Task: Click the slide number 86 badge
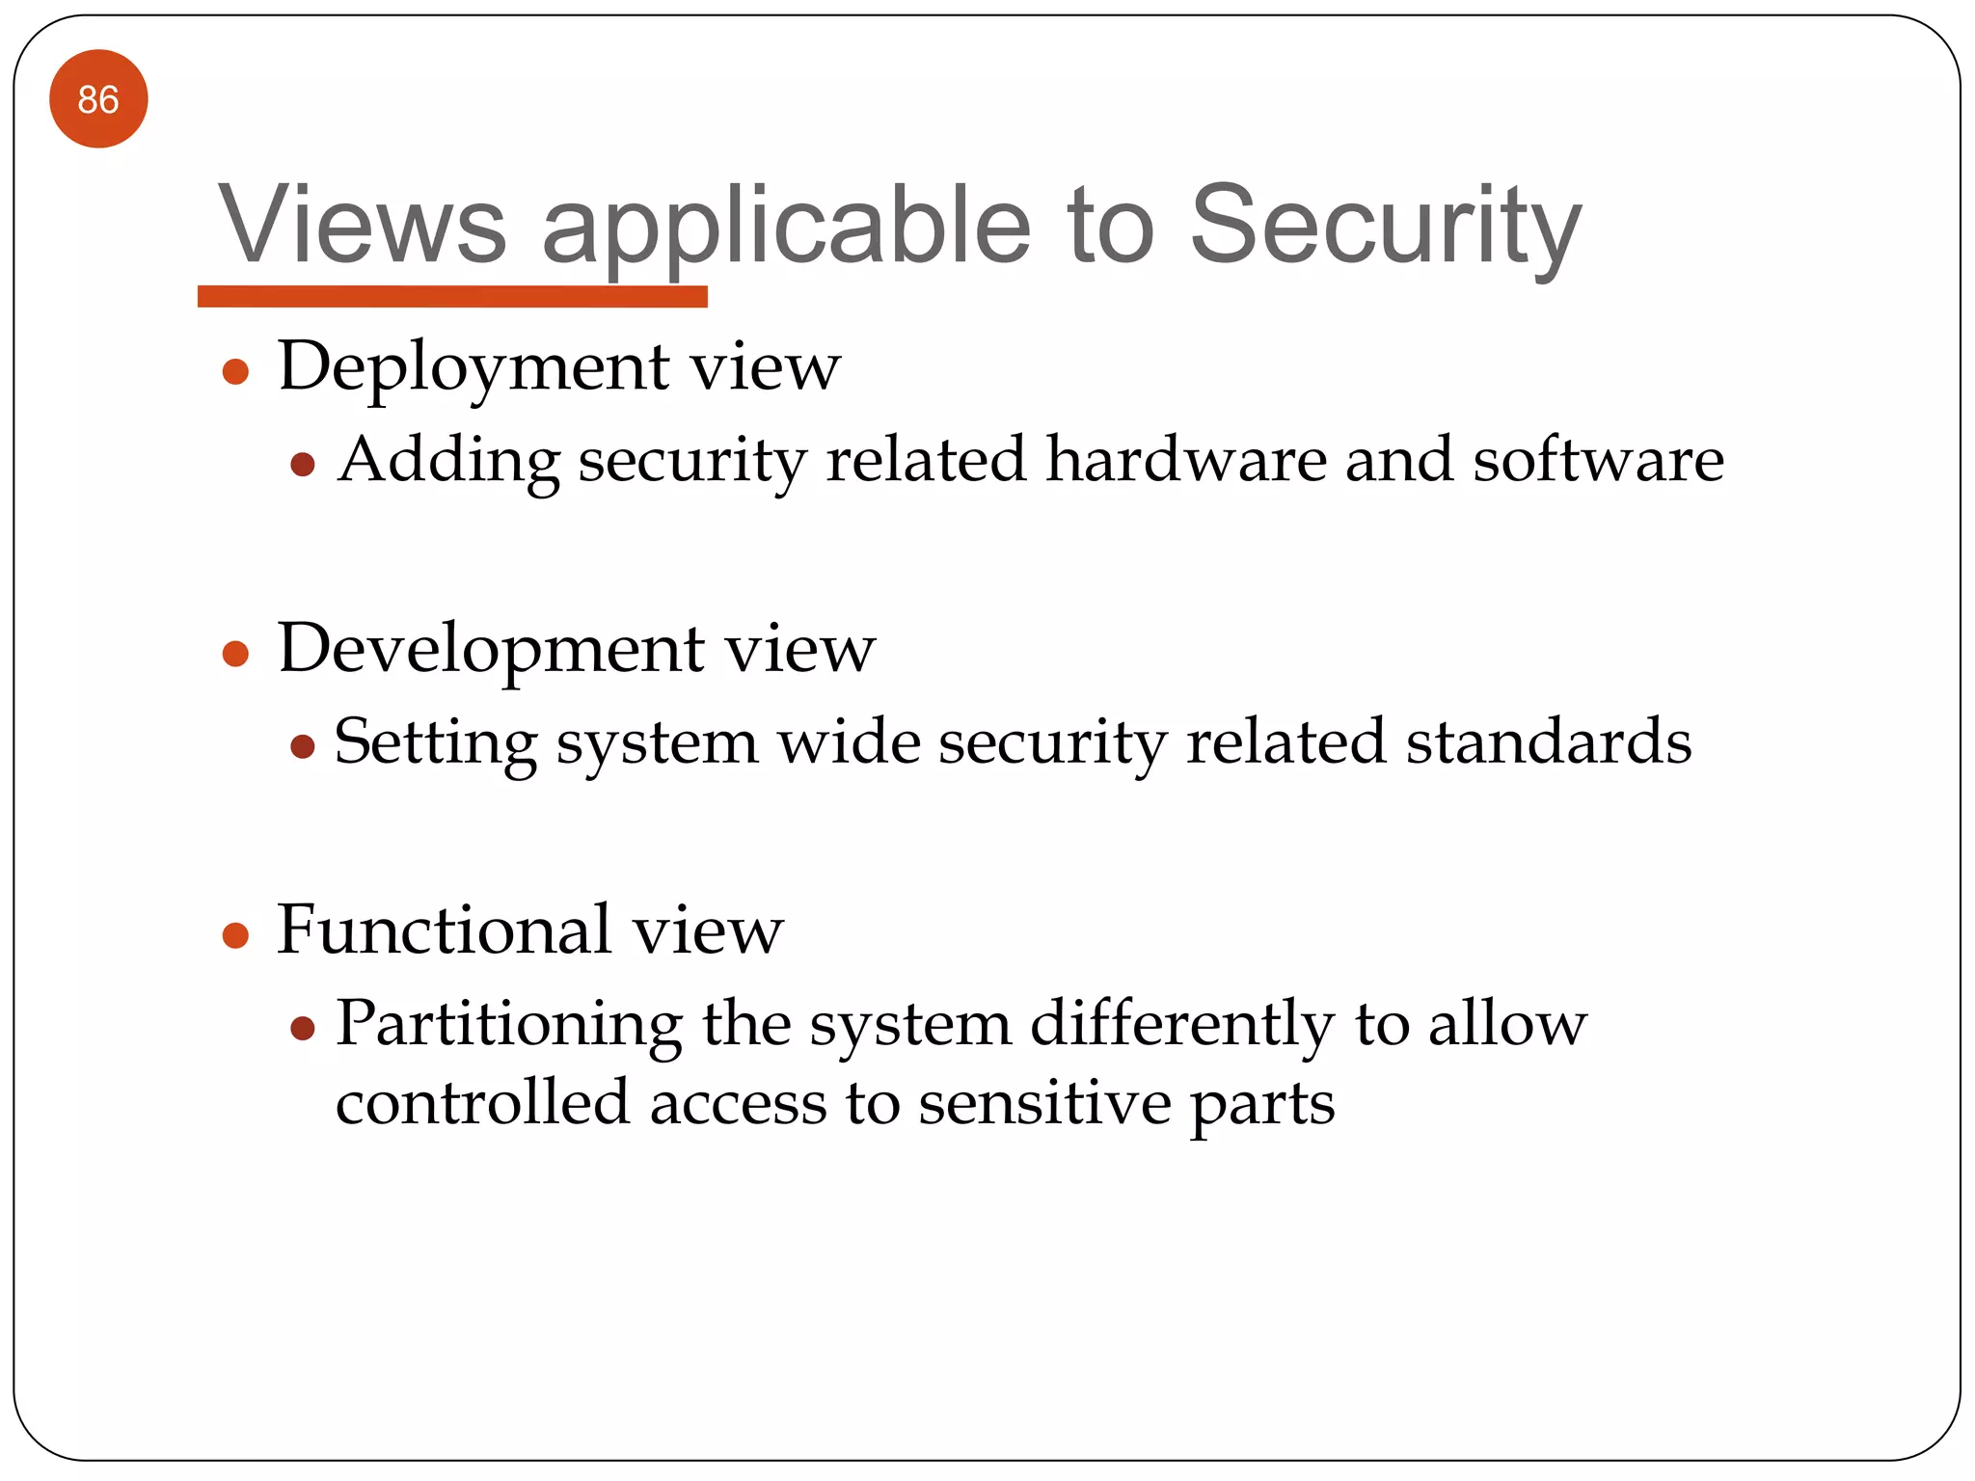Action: [98, 99]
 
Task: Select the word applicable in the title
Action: [786, 228]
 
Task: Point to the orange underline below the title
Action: [452, 296]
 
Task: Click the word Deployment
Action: [473, 367]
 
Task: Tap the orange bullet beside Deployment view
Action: [236, 372]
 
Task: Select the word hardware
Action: [1186, 459]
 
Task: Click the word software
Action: [1598, 459]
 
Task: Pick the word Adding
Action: [449, 461]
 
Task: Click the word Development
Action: [491, 648]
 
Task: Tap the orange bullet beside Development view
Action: [236, 655]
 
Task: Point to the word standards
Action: [1548, 741]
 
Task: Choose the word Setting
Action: [435, 743]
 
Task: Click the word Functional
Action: [444, 929]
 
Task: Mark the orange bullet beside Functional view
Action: [236, 935]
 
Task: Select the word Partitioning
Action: [509, 1024]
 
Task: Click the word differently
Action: [1182, 1024]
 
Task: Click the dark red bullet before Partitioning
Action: [303, 1029]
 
